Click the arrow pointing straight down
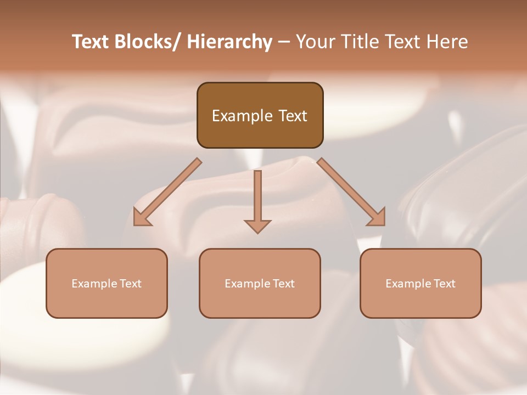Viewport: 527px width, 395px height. (x=257, y=201)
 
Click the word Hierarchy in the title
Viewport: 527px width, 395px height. (x=229, y=42)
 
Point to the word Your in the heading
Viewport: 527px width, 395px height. (x=315, y=42)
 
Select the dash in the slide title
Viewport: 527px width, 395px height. (x=284, y=42)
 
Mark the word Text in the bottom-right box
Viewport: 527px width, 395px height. (x=444, y=284)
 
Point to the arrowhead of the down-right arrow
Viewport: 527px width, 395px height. (x=377, y=217)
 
